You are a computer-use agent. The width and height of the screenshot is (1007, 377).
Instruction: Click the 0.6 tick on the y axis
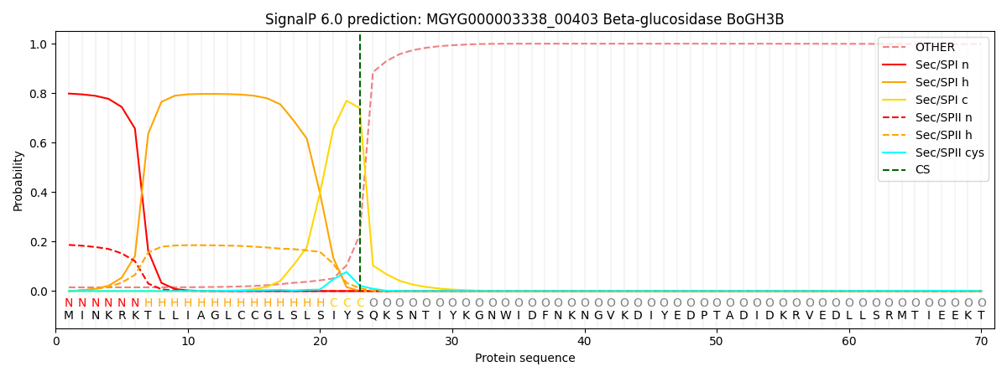(39, 143)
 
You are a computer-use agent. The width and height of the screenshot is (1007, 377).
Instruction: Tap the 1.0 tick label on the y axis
(39, 44)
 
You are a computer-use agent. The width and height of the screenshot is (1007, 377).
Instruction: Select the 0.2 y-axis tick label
(39, 242)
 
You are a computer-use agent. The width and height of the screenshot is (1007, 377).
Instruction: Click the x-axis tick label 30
(452, 341)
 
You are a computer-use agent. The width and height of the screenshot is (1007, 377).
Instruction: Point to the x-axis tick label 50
(716, 341)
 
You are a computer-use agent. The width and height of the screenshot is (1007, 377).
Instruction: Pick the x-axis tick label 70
(980, 341)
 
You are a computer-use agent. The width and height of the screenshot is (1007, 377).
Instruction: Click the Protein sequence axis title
(524, 359)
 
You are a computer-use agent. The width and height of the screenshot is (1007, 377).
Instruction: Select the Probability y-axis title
(18, 180)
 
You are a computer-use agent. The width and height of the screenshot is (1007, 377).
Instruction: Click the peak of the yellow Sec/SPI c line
(347, 101)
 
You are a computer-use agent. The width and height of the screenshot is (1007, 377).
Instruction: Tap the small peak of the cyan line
(347, 272)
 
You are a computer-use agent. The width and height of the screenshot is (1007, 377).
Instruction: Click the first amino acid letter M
(69, 316)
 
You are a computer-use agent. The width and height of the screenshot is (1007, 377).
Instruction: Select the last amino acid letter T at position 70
(981, 316)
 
